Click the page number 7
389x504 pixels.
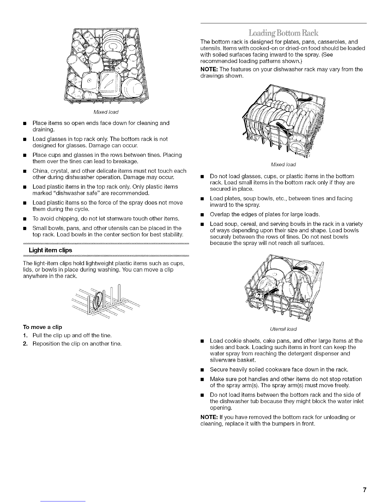click(x=365, y=489)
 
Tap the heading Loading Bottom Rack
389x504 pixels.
click(x=283, y=33)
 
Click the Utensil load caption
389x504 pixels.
click(x=283, y=328)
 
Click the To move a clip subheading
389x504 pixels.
click(x=43, y=327)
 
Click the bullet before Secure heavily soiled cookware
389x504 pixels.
click(x=202, y=370)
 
